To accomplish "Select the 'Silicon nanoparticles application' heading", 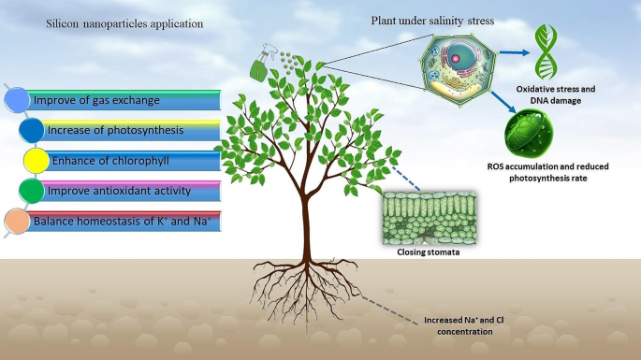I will (x=124, y=23).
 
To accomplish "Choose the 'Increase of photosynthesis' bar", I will (x=126, y=130).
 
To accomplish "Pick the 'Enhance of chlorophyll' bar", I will (x=126, y=160).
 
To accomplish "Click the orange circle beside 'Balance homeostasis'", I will (x=17, y=222).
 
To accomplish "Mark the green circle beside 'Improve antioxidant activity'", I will (x=32, y=191).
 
